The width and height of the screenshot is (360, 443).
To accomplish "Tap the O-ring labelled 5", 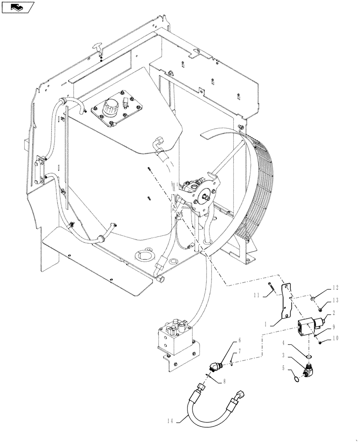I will [297, 379].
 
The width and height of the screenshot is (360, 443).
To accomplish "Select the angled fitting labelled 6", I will [213, 367].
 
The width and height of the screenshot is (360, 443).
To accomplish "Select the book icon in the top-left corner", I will [17, 7].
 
